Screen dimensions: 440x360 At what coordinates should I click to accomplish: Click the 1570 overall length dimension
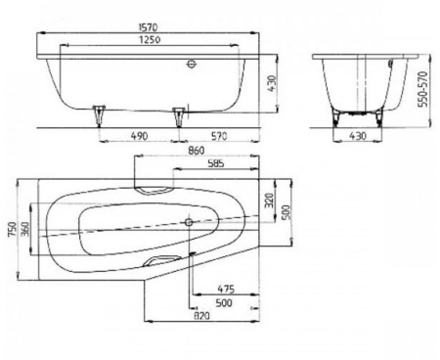click(x=149, y=27)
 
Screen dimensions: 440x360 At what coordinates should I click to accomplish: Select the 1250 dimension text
click(x=150, y=39)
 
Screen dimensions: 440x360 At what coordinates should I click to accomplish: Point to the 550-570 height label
click(x=423, y=89)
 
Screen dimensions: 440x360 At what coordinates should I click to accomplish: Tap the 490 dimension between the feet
click(x=139, y=136)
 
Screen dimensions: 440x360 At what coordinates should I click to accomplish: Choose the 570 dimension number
click(x=219, y=136)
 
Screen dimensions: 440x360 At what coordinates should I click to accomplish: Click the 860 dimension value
click(x=197, y=151)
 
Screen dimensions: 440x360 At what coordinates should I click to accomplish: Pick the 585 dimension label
click(x=216, y=163)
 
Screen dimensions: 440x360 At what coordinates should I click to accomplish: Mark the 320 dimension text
click(x=269, y=201)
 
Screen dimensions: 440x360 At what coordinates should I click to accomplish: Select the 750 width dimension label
click(x=12, y=230)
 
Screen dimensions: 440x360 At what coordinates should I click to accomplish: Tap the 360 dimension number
click(x=25, y=229)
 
